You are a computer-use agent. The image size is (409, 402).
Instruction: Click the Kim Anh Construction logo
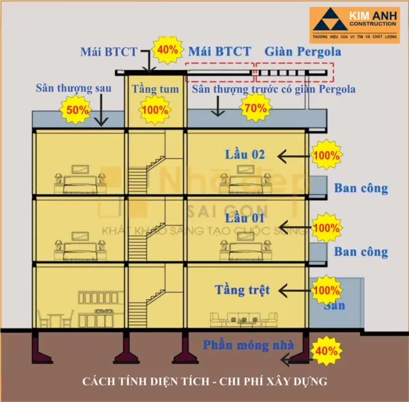click(355, 26)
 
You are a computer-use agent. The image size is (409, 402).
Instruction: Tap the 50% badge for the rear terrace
click(78, 110)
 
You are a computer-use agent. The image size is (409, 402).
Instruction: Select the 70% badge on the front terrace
click(254, 108)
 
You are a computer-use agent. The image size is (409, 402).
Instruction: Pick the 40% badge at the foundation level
click(327, 351)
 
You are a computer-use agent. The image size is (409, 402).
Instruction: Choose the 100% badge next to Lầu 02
click(327, 155)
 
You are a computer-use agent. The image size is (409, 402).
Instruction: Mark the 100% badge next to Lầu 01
click(327, 227)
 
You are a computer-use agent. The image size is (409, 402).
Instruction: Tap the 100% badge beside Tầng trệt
click(327, 290)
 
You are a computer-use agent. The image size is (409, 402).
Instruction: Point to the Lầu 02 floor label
click(244, 154)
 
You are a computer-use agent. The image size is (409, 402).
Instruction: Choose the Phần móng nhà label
click(249, 345)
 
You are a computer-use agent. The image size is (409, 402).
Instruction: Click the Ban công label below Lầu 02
click(361, 188)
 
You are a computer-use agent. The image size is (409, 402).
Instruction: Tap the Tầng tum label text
click(155, 89)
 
